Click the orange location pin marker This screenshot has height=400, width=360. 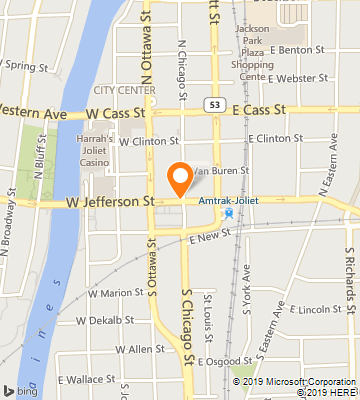(x=180, y=178)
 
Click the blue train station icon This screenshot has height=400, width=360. (x=229, y=213)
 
